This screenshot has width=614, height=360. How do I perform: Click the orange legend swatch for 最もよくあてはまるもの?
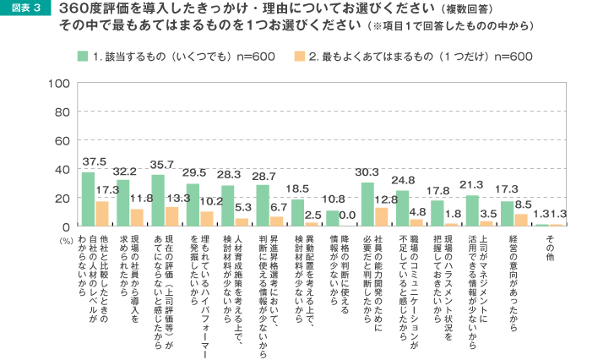click(299, 56)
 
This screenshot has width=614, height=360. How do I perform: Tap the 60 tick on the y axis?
click(60, 140)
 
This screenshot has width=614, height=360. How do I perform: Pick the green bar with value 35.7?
click(158, 200)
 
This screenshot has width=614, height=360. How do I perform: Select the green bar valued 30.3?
click(367, 205)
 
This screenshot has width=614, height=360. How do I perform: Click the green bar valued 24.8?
click(403, 209)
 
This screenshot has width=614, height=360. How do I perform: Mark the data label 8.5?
click(521, 203)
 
